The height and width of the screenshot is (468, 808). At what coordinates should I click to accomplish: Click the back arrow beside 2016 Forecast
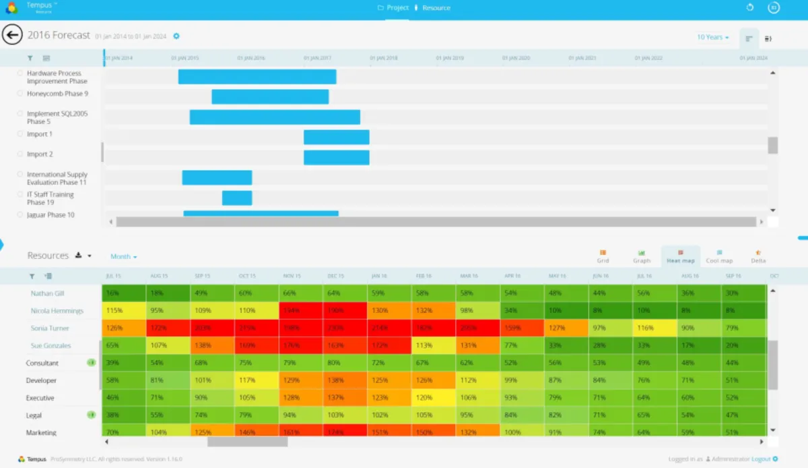point(12,35)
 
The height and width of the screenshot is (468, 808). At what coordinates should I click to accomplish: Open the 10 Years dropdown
point(713,37)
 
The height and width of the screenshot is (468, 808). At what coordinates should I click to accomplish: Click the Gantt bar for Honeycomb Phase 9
point(270,96)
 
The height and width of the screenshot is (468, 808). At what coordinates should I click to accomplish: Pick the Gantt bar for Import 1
point(336,137)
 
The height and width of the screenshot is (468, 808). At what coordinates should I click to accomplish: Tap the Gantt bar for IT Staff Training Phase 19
point(237,198)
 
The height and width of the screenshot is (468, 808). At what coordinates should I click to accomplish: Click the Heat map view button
point(681,256)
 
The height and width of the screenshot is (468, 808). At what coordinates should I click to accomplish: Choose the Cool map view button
point(719,256)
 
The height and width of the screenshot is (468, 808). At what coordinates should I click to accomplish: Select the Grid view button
point(603,256)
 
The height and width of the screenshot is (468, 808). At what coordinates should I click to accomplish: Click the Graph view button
point(642,256)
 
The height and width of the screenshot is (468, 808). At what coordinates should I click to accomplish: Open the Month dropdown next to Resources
point(124,257)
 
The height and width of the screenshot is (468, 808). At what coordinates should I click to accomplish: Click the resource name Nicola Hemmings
point(57,311)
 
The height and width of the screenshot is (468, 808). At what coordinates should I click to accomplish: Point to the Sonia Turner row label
point(50,328)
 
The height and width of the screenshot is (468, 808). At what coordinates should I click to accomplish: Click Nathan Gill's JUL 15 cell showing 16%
point(124,293)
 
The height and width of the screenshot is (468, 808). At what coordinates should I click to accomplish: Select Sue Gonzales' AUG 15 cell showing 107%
point(168,346)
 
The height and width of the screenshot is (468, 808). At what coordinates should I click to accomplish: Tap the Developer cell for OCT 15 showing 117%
point(257,381)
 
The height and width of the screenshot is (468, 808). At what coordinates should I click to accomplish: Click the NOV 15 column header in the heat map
point(291,276)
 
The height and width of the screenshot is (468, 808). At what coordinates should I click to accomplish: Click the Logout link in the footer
point(761,459)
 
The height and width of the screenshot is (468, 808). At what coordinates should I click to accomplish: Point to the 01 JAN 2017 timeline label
point(317,59)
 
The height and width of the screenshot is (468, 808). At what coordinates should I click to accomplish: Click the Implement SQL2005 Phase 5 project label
point(57,117)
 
